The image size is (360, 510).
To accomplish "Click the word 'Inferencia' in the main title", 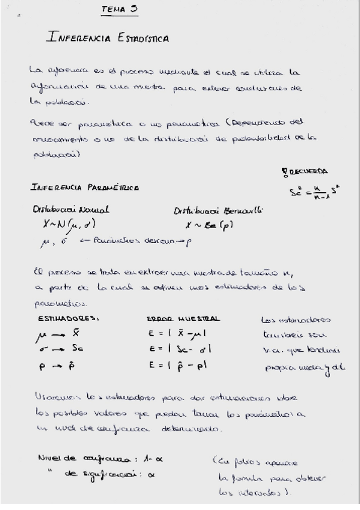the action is [x=77, y=38].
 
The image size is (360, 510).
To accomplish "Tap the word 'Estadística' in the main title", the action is [x=140, y=38].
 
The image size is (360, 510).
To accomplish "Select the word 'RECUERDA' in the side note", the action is [x=311, y=170].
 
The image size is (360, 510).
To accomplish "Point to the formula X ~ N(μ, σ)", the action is [x=63, y=225].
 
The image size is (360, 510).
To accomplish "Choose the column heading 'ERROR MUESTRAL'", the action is [x=183, y=319].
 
